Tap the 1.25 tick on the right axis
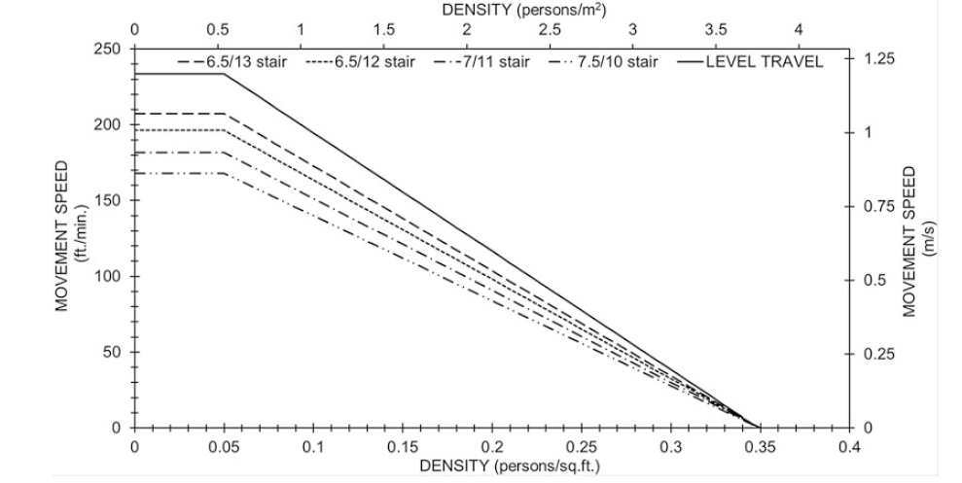(x=879, y=59)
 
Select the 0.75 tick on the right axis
(x=879, y=206)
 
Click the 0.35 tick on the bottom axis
(x=760, y=446)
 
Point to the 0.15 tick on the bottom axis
(x=403, y=446)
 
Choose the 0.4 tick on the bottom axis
(x=849, y=446)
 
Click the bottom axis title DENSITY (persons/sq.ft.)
(x=510, y=465)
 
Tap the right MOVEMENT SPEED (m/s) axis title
(x=918, y=239)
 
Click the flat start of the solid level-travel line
(x=180, y=73)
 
